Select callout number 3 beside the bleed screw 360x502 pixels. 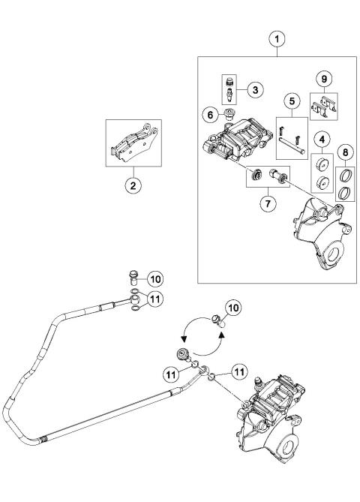pyautogui.click(x=254, y=90)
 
